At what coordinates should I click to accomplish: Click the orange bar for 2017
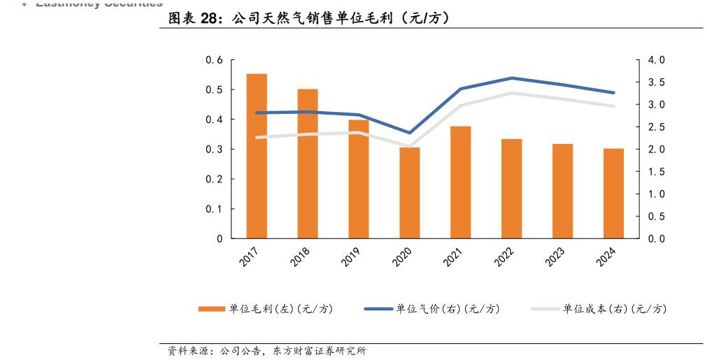click(257, 156)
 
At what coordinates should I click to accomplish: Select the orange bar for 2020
click(410, 193)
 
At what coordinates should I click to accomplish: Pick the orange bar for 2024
click(614, 194)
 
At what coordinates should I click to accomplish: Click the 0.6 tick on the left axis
click(214, 61)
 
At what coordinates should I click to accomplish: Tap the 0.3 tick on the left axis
click(214, 150)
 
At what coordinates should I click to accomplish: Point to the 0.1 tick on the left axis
click(214, 209)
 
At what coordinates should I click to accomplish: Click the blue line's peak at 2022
click(512, 78)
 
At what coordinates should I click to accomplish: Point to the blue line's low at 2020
click(410, 133)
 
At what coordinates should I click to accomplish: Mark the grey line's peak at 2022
click(512, 93)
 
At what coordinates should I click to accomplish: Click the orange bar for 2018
click(308, 164)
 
